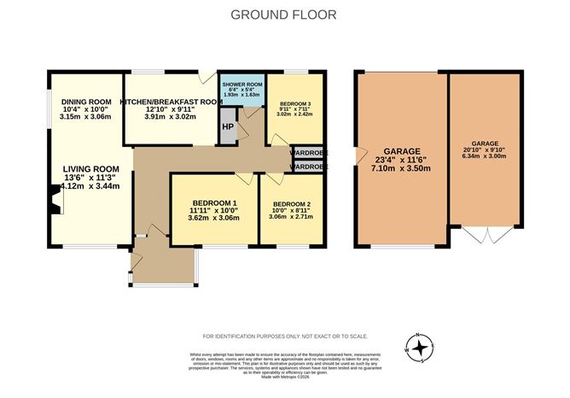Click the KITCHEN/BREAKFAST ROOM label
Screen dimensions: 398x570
tap(171, 102)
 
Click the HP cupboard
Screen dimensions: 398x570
tap(227, 127)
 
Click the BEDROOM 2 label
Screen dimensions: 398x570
tap(290, 203)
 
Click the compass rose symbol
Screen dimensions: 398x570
tap(419, 347)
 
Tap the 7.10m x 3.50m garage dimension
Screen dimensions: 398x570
tap(400, 169)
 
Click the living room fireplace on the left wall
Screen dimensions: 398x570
tap(55, 203)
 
